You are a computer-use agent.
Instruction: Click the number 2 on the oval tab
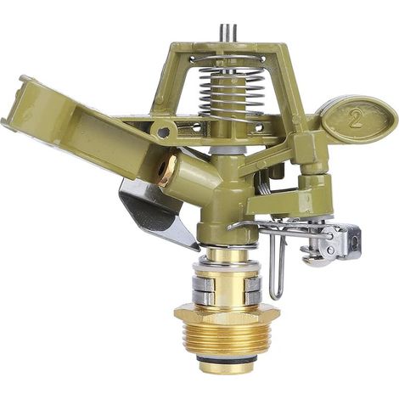[356, 119]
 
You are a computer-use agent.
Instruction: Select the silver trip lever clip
[331, 244]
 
